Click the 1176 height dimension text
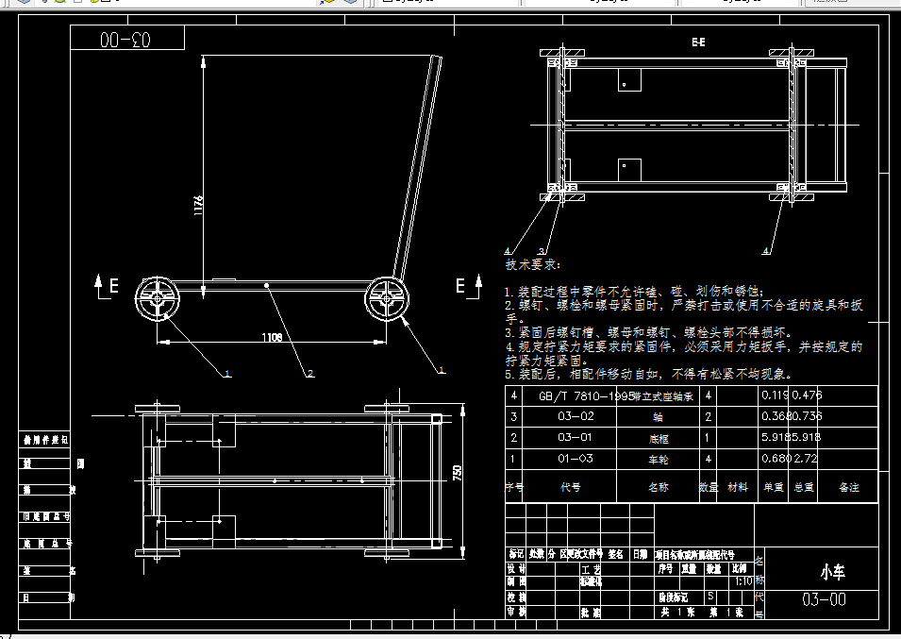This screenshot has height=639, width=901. point(198,207)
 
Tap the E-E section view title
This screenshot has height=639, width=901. point(698,42)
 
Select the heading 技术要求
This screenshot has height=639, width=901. point(533,267)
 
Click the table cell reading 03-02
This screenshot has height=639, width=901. point(576,416)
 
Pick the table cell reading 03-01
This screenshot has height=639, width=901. point(576,438)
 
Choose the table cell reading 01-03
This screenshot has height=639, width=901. point(576,460)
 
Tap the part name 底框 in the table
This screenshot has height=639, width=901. point(658,438)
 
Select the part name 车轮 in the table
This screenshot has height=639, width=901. point(658,460)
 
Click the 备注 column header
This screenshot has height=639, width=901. point(847,487)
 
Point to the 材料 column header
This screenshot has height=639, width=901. point(738,487)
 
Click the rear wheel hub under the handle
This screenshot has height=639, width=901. point(387,298)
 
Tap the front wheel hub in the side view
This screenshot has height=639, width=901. point(158,301)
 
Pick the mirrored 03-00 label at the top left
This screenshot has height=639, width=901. point(126,39)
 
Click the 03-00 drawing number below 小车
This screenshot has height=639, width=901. point(825,600)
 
